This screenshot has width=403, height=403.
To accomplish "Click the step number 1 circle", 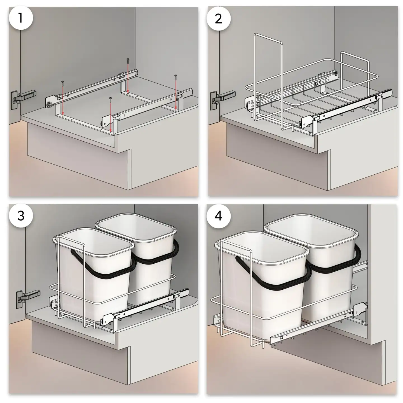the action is pyautogui.click(x=21, y=18).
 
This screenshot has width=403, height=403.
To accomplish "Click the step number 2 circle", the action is pyautogui.click(x=218, y=19).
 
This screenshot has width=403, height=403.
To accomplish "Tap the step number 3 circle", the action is pyautogui.click(x=21, y=216).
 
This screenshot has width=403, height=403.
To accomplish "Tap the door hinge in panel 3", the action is pyautogui.click(x=27, y=298).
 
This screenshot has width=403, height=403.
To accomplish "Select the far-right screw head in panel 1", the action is pyautogui.click(x=176, y=76).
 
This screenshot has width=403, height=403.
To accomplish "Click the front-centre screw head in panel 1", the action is pyautogui.click(x=110, y=98).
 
